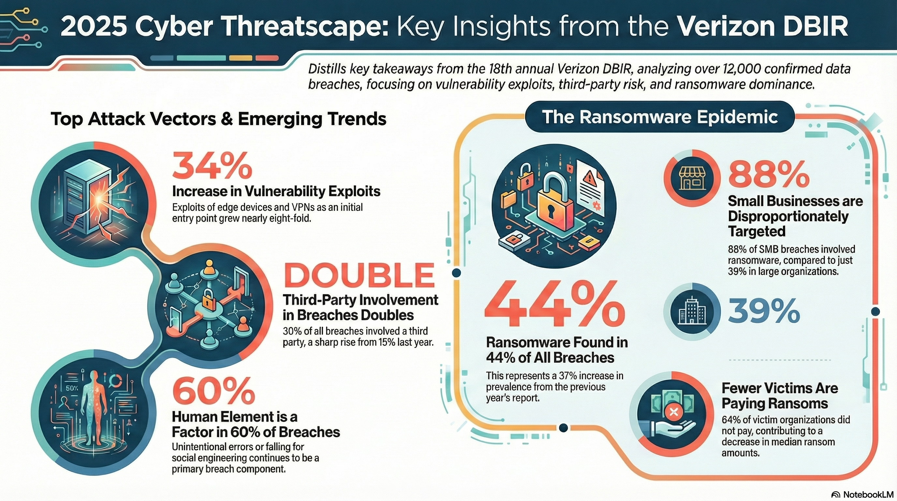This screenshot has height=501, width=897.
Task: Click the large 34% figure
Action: coord(212,167)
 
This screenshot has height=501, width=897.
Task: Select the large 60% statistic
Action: coord(213,392)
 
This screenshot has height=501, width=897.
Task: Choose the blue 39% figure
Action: coord(764,311)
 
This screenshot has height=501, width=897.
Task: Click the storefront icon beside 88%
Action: coord(692,178)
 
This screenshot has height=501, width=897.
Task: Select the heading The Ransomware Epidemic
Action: coord(659,117)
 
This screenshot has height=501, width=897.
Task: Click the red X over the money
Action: coord(673,413)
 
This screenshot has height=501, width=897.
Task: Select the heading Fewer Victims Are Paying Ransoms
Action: coord(779,396)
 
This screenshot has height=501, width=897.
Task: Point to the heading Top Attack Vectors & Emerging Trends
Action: coord(219,119)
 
